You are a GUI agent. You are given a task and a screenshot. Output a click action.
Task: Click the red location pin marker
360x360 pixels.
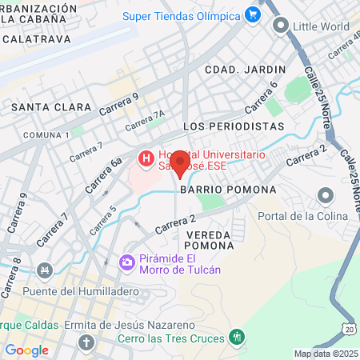[x=180, y=162]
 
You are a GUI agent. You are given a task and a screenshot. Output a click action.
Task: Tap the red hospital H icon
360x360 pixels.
[x=146, y=159]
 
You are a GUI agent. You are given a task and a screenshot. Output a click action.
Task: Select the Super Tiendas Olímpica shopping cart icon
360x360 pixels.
[x=254, y=15]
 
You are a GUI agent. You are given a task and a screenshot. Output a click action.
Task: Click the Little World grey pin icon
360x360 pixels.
[x=280, y=26]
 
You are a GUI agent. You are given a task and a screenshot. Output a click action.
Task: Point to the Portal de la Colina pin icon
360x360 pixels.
[x=325, y=196]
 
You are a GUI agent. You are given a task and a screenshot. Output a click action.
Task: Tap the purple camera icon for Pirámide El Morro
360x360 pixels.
[x=127, y=262]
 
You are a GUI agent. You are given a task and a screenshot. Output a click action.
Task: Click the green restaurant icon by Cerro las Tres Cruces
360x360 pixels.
[x=235, y=337]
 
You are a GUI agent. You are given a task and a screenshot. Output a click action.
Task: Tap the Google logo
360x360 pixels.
[x=26, y=350]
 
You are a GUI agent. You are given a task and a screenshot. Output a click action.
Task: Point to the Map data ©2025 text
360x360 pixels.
[x=326, y=354]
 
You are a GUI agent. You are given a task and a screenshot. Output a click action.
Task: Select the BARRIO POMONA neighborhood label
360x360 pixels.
[x=227, y=190]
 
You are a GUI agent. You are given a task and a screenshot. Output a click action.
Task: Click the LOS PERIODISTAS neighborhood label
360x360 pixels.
[x=234, y=126]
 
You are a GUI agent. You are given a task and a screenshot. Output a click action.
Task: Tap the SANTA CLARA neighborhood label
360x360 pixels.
[x=41, y=106]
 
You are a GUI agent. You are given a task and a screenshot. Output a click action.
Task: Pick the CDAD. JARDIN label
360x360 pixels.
[x=234, y=70]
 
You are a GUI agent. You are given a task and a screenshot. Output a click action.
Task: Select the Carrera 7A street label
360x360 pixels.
[x=145, y=122]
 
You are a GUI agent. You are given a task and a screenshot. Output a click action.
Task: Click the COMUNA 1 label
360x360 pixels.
[x=47, y=134]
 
